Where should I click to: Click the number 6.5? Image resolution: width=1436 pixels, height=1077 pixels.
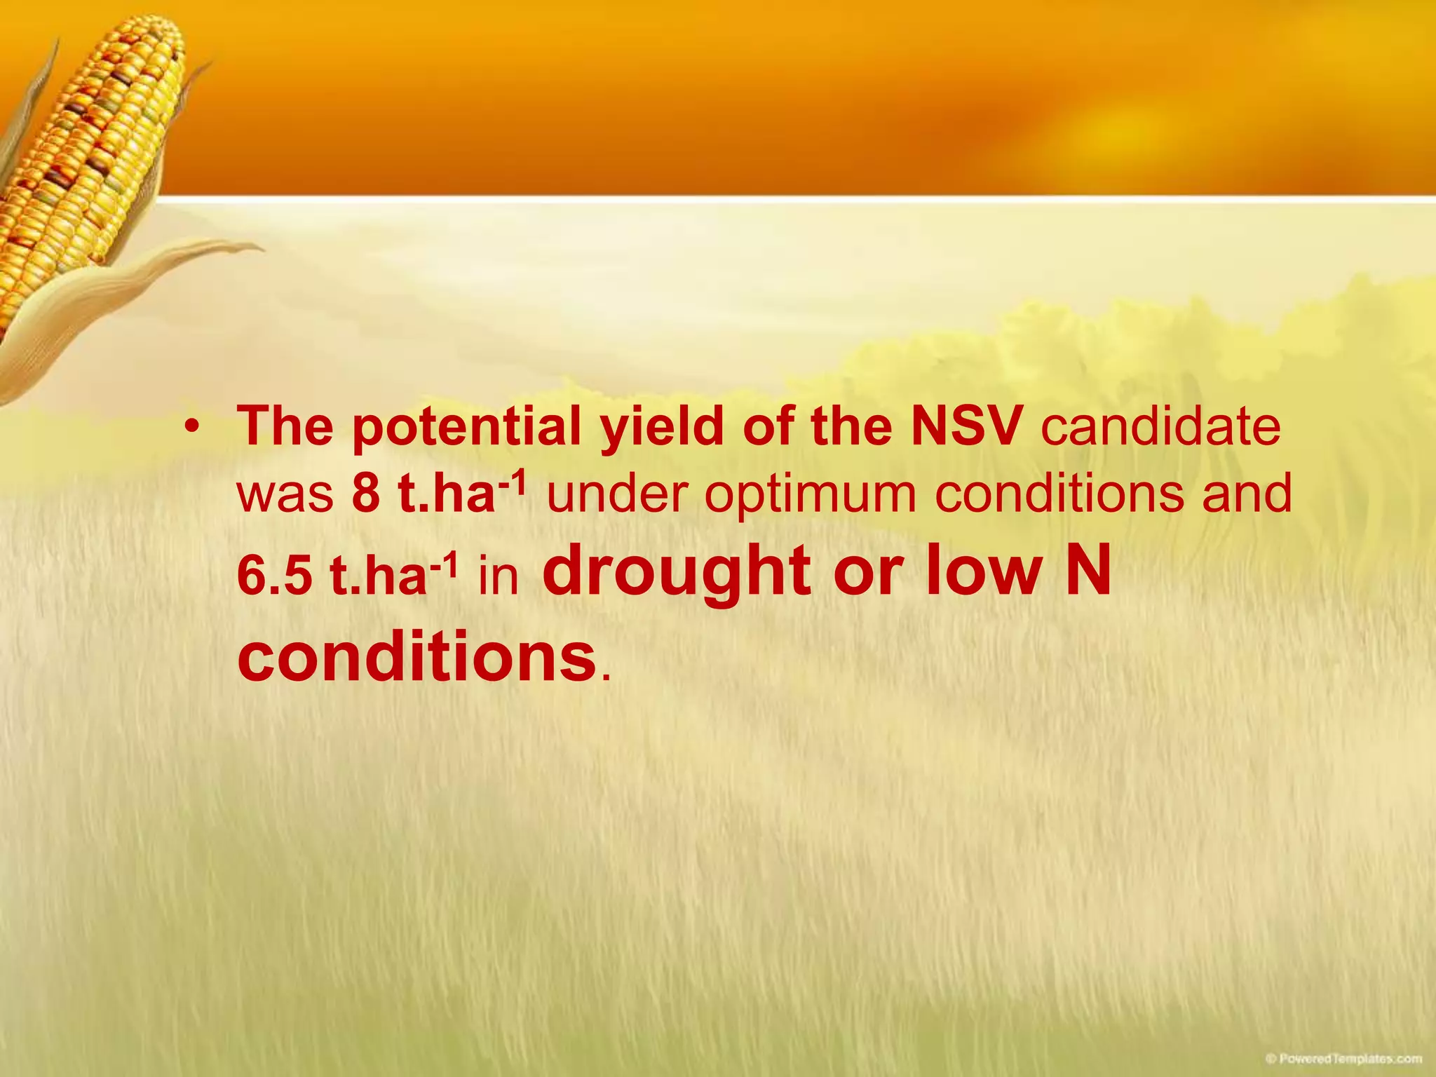pos(274,576)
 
